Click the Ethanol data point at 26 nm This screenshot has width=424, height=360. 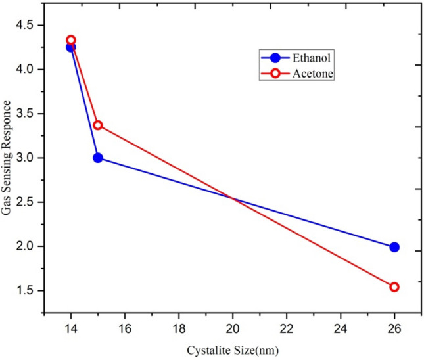394,247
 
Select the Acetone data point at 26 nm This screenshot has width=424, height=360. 394,287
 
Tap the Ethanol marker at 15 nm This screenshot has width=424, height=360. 98,158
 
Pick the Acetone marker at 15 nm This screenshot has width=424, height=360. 98,125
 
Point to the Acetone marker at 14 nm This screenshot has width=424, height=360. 71,40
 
